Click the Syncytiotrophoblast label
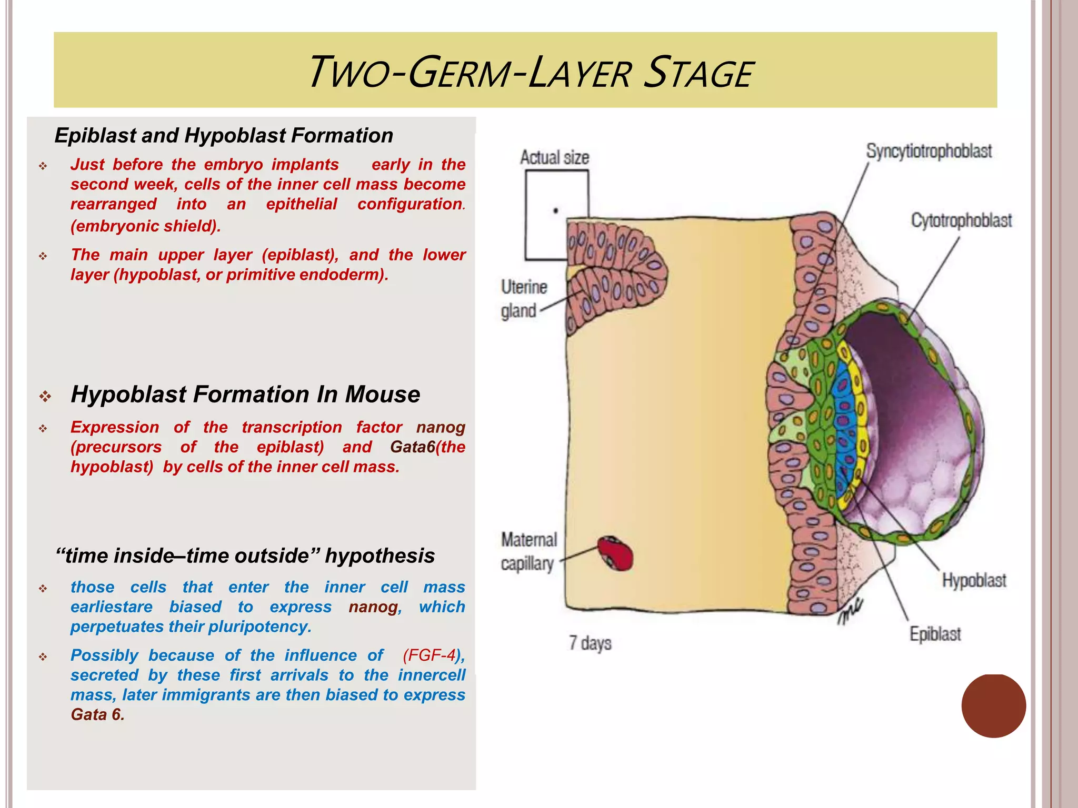click(x=929, y=151)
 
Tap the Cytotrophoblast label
click(x=961, y=220)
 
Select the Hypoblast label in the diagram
click(x=974, y=580)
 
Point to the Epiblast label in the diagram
click(x=935, y=634)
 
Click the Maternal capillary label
click(x=528, y=551)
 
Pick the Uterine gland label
click(x=523, y=299)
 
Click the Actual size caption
click(x=554, y=157)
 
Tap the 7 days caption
click(x=590, y=643)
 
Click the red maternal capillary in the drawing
click(x=615, y=554)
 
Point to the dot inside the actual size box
click(x=555, y=211)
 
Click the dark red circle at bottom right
click(x=993, y=705)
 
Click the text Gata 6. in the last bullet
click(x=97, y=715)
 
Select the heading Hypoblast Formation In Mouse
click(x=245, y=395)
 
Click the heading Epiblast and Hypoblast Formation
click(x=224, y=136)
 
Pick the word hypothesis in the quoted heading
click(x=380, y=556)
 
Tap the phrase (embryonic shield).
click(x=146, y=226)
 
